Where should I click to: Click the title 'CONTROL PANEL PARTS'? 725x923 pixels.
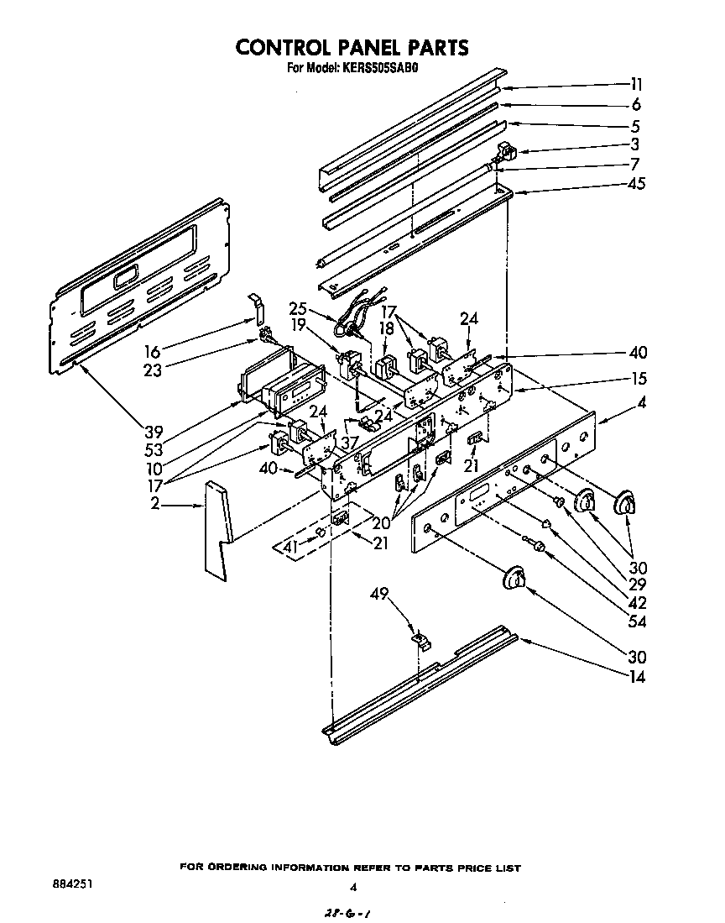[352, 47]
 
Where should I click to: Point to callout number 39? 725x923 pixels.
[153, 432]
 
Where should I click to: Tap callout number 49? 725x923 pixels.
[380, 595]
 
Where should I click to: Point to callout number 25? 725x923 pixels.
[299, 308]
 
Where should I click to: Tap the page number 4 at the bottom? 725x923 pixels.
[353, 886]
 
